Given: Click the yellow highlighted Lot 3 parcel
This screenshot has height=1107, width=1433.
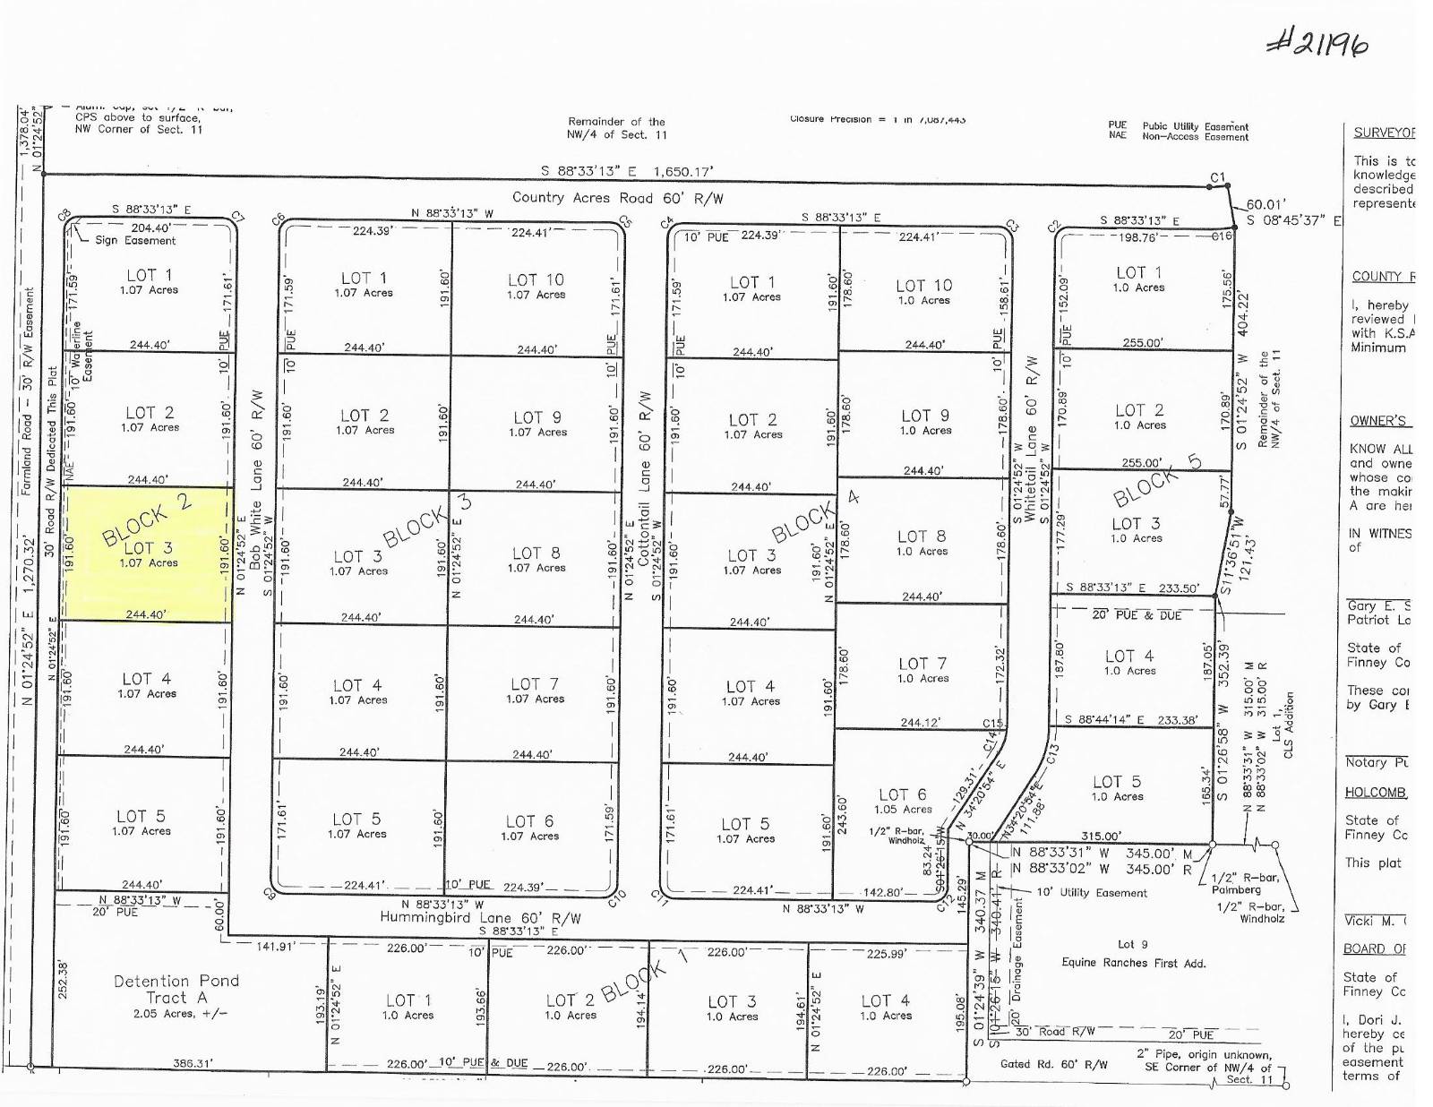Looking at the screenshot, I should (148, 553).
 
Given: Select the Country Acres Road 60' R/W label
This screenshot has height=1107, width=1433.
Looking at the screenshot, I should (617, 198).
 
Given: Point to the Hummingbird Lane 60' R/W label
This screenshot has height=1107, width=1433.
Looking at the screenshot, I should (480, 917).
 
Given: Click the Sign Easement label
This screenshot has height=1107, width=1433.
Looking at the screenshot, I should (135, 240).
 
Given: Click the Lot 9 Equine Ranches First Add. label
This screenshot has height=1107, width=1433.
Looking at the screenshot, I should (1133, 954).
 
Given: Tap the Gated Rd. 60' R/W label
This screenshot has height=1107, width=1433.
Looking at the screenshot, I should (1053, 1065).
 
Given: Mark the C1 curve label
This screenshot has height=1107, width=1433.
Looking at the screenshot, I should (1217, 177).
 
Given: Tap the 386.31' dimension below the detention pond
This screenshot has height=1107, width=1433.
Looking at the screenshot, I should (193, 1064).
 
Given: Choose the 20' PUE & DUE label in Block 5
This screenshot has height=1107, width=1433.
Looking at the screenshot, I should (1137, 615).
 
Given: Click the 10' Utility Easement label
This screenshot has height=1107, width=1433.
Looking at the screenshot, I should (1091, 893).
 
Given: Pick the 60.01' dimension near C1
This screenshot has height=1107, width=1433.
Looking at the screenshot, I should (1265, 204).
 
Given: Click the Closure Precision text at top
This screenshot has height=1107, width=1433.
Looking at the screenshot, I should (877, 119).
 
